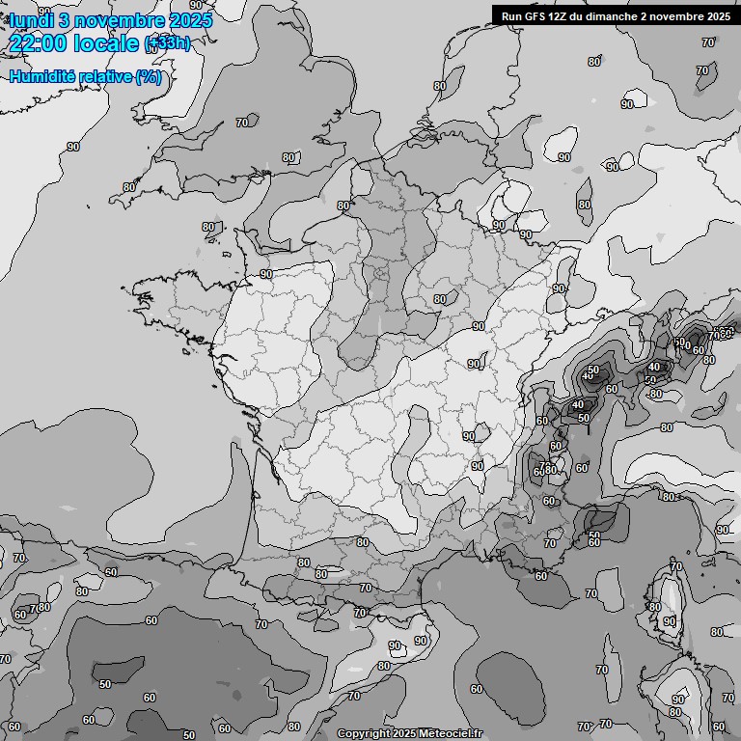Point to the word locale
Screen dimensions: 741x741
pyautogui.click(x=110, y=42)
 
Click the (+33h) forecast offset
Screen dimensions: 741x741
pyautogui.click(x=168, y=43)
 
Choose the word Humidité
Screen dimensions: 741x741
pyautogui.click(x=42, y=76)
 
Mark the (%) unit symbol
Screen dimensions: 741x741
pyautogui.click(x=149, y=76)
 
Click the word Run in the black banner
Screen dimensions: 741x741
pyautogui.click(x=511, y=15)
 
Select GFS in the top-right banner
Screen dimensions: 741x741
pyautogui.click(x=536, y=15)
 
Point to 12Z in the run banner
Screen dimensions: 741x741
pyautogui.click(x=563, y=15)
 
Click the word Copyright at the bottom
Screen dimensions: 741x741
pyautogui.click(x=363, y=733)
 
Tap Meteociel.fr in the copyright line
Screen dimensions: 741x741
pyautogui.click(x=449, y=733)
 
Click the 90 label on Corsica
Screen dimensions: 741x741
pyautogui.click(x=670, y=622)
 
